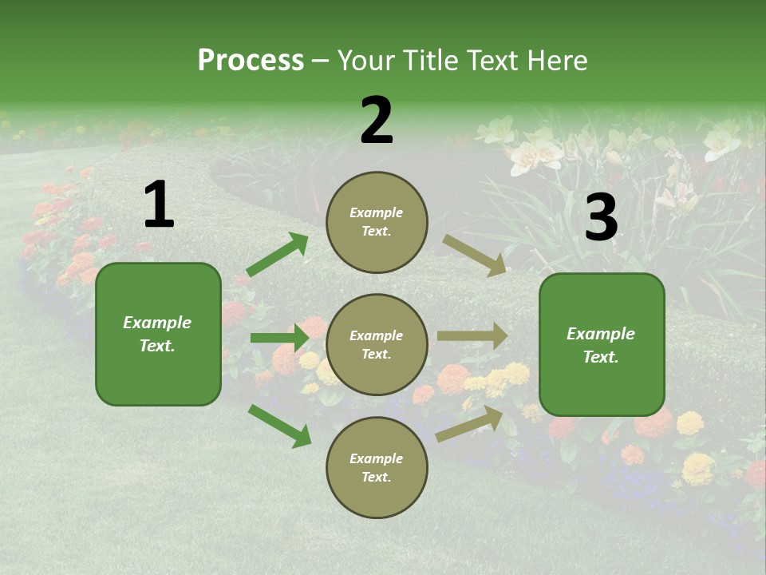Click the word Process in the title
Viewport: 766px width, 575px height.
[251, 61]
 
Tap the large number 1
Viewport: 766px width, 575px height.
[159, 205]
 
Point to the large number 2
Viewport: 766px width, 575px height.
[377, 121]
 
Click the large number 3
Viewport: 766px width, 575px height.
[601, 218]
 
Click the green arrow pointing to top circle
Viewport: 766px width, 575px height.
[278, 255]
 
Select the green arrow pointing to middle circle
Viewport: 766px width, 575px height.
[279, 338]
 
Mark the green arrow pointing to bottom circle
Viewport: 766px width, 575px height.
[280, 426]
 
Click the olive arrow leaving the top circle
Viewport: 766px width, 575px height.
[475, 256]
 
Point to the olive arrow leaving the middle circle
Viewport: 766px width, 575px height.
[472, 336]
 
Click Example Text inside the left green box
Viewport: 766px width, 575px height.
[157, 334]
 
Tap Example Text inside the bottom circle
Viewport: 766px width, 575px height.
[377, 467]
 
